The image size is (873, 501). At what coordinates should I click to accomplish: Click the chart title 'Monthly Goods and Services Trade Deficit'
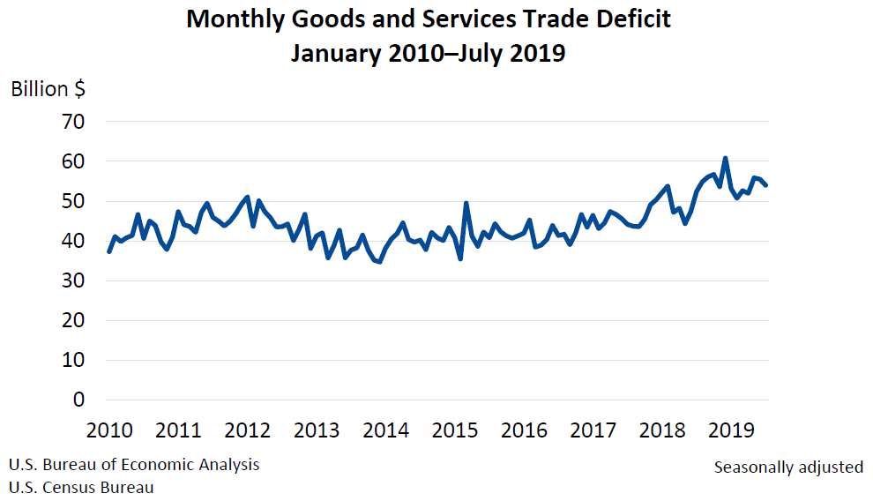(x=429, y=19)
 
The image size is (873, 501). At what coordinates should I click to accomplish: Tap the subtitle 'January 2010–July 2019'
(x=429, y=54)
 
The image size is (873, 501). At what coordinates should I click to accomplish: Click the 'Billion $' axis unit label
(x=48, y=89)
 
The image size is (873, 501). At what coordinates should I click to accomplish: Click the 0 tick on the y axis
(x=78, y=400)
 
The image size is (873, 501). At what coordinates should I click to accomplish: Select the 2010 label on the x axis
(x=109, y=430)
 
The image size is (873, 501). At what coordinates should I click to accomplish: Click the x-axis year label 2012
(x=248, y=430)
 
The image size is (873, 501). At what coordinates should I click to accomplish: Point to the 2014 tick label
(x=385, y=430)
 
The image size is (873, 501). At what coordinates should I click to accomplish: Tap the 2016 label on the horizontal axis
(x=524, y=430)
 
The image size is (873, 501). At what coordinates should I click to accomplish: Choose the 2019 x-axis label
(x=731, y=430)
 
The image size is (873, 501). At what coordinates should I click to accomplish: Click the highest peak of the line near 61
(x=725, y=159)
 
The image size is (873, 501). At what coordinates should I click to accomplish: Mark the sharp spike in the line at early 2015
(x=466, y=204)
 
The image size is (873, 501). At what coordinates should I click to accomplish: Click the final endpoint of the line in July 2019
(x=765, y=185)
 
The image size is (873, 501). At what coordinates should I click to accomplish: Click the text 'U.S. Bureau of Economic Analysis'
(x=134, y=465)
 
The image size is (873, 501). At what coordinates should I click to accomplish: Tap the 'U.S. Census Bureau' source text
(x=81, y=487)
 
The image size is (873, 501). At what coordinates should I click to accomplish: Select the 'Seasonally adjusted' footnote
(x=788, y=467)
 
